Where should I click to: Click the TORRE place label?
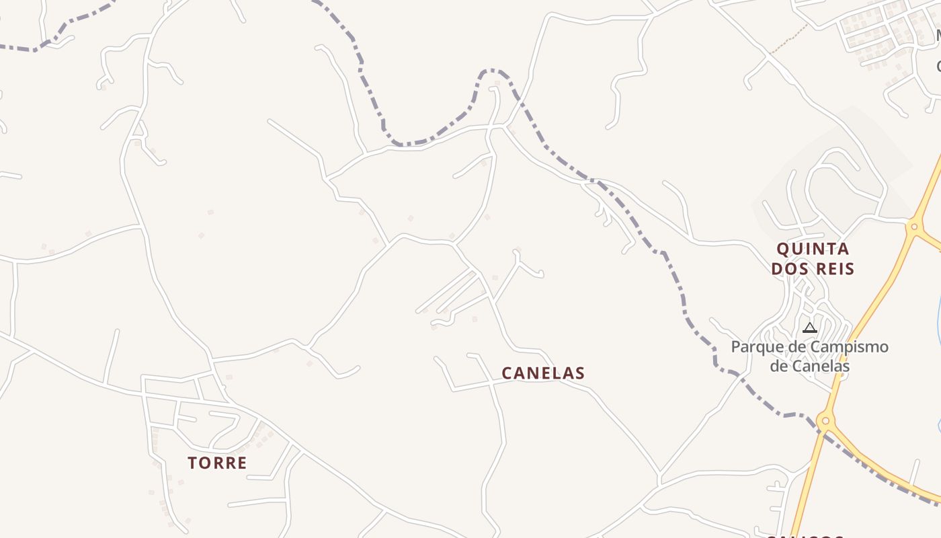coord(217,463)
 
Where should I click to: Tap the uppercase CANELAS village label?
coord(543,373)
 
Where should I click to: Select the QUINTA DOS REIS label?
coord(813,259)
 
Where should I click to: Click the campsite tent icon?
coord(810,328)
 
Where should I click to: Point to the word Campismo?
coord(849,348)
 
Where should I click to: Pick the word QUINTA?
coord(813,249)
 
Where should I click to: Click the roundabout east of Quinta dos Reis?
coord(913,227)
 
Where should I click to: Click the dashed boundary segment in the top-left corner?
coord(40,46)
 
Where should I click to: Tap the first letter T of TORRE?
coord(193,463)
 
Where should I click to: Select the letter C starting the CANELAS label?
coord(508,373)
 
